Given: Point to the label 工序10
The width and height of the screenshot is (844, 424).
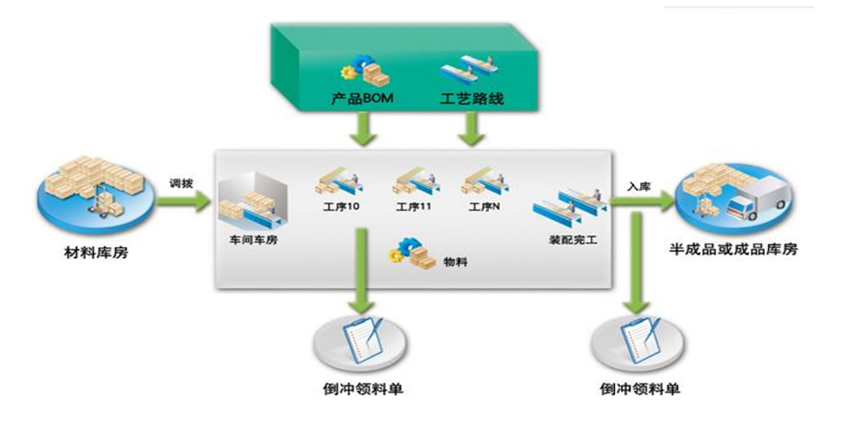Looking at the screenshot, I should [x=340, y=207].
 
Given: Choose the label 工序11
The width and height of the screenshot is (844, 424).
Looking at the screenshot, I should [x=415, y=207].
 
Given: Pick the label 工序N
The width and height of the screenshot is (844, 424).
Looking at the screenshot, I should [x=485, y=207].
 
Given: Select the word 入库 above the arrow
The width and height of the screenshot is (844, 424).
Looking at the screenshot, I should [x=639, y=185].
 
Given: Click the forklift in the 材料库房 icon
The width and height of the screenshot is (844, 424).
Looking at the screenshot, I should [x=96, y=203].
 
